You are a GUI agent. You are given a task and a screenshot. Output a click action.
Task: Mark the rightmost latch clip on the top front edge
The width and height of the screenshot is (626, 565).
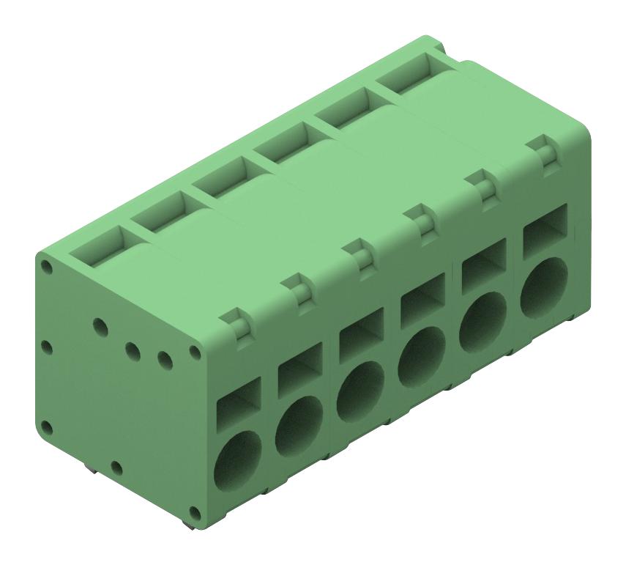click(543, 150)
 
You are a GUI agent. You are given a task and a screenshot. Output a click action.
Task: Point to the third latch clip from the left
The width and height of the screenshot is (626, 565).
click(359, 254)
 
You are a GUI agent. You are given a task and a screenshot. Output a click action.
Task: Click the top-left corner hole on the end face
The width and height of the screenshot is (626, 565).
click(47, 266)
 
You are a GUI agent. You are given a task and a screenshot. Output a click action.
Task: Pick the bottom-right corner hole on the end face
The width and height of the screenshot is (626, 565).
click(194, 512)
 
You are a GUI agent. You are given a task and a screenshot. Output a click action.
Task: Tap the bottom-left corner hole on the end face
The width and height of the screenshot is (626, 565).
click(47, 427)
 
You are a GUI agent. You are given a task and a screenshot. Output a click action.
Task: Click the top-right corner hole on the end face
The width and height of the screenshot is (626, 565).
click(195, 351)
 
